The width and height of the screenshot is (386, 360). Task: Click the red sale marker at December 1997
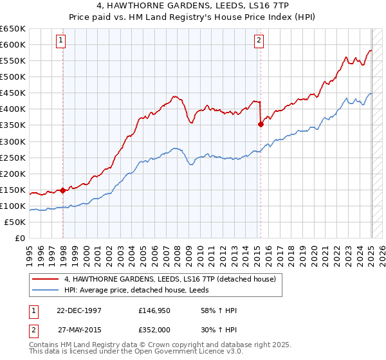[x=62, y=190]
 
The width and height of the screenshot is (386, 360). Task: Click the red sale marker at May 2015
[x=261, y=125]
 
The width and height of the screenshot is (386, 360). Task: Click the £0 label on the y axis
[x=19, y=238]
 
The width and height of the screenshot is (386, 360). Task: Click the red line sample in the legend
[x=46, y=279]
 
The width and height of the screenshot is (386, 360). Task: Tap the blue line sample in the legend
[x=46, y=290]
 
